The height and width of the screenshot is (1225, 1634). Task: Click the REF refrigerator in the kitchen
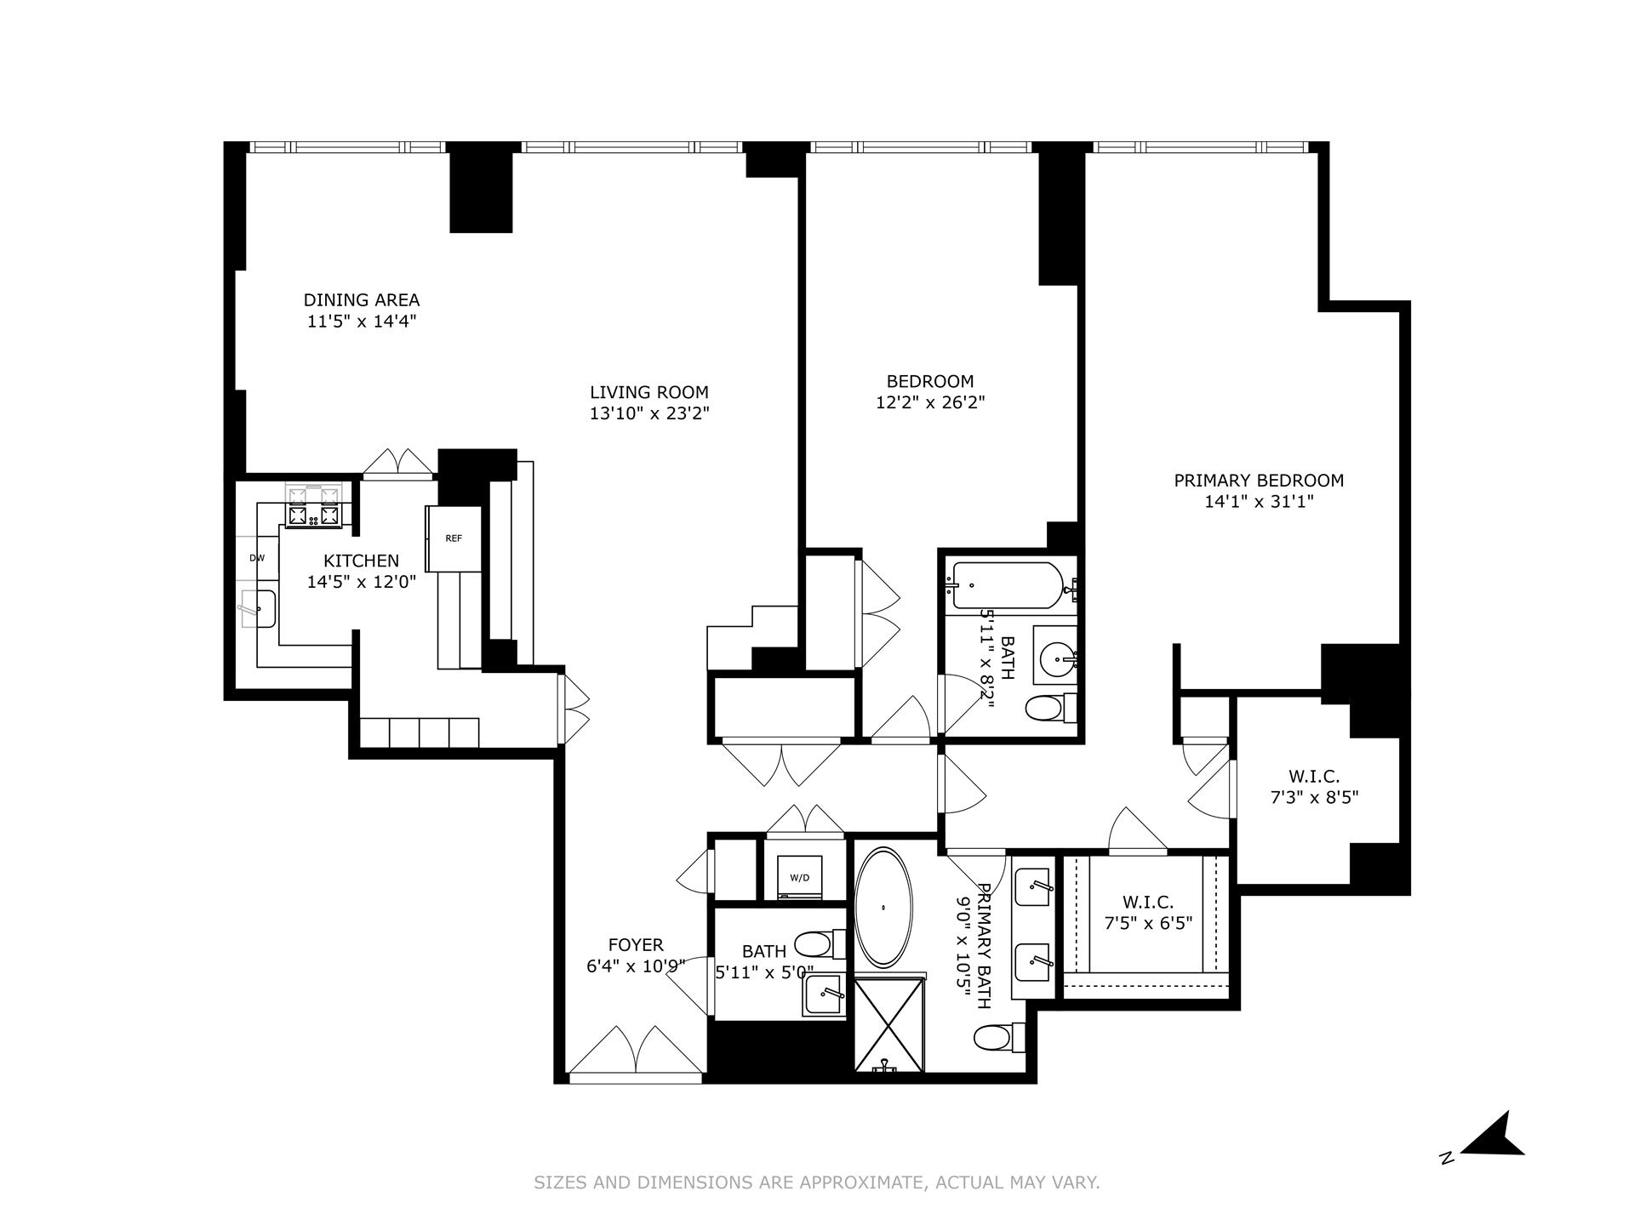454,538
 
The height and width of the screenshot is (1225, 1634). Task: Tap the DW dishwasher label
257,558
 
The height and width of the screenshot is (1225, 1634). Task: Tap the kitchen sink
259,608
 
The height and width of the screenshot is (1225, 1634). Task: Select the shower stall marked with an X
888,1025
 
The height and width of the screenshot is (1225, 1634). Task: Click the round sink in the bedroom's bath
1057,656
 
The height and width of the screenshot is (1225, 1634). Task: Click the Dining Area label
362,300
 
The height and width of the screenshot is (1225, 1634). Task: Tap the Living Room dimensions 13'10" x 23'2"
649,413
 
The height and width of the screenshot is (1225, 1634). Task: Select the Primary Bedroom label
1259,481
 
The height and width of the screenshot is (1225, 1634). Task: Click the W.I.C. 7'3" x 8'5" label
1314,787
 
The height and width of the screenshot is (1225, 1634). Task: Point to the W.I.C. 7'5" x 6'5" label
1148,912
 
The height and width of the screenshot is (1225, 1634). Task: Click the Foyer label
636,945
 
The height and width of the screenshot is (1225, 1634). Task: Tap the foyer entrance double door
637,1055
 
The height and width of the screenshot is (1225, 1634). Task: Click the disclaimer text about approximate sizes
816,1182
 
